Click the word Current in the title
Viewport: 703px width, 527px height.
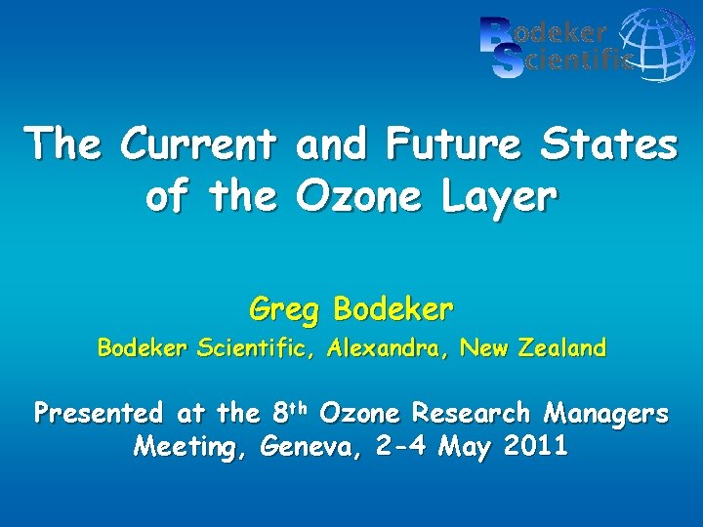(x=200, y=145)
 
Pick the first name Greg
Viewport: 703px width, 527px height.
(x=286, y=310)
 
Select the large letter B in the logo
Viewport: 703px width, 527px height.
(x=496, y=32)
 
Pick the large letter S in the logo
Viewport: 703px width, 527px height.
(x=507, y=62)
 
